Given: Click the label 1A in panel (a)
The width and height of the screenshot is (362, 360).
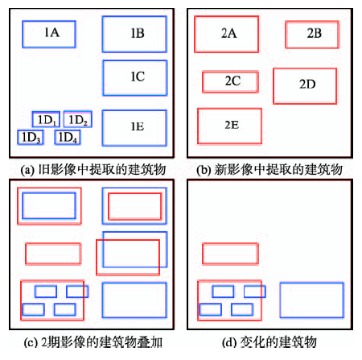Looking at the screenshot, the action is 51,32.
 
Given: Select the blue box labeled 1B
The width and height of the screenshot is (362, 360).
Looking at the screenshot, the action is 134,16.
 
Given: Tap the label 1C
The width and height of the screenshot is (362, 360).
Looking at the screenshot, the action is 138,77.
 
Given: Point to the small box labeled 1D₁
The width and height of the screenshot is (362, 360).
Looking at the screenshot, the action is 46,112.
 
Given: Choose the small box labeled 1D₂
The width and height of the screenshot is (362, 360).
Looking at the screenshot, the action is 78,111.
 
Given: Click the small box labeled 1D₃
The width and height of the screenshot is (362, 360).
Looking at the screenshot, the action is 31,130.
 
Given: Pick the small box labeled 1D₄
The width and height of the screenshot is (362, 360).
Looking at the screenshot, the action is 68,130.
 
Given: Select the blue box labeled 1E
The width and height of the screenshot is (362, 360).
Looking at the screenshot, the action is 134,110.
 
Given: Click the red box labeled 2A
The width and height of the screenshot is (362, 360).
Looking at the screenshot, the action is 227,16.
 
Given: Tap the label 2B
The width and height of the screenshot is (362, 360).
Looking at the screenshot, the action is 315,33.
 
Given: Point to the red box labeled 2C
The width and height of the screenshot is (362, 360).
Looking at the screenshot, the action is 230,72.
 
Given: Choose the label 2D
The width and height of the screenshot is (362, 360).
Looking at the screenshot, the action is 307,85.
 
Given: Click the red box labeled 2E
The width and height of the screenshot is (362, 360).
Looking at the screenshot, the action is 229,109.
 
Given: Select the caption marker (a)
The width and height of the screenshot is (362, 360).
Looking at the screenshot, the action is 27,170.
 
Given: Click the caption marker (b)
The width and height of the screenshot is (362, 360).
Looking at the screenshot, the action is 204,170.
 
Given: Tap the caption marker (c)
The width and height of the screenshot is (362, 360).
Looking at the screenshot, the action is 30,343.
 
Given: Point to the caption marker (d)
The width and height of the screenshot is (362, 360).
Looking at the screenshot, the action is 229,343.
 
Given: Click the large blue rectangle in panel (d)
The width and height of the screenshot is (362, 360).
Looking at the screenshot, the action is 311,283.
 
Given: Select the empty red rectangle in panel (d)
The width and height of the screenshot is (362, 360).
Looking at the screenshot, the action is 230,243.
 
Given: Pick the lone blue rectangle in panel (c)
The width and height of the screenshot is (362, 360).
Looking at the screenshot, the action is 134,283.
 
